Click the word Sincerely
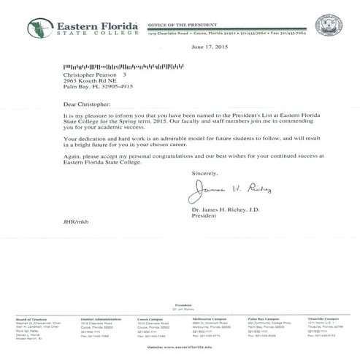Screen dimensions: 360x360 [x=204, y=172]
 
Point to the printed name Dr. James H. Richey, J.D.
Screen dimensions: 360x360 [x=225, y=210]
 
